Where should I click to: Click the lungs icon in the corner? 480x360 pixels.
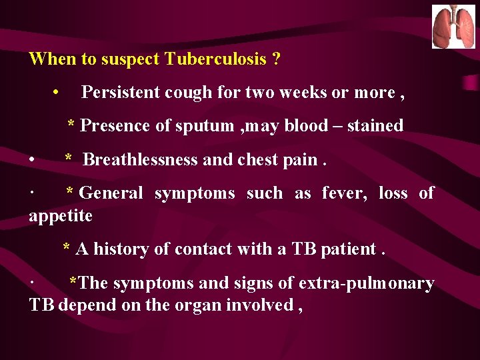point(453,27)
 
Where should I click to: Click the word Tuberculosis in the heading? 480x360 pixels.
point(215,59)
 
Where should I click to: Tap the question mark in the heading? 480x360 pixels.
point(276,59)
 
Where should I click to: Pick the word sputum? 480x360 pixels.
point(207,127)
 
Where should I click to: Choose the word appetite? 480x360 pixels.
point(61,217)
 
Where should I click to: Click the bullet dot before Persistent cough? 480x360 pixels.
point(59,93)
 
